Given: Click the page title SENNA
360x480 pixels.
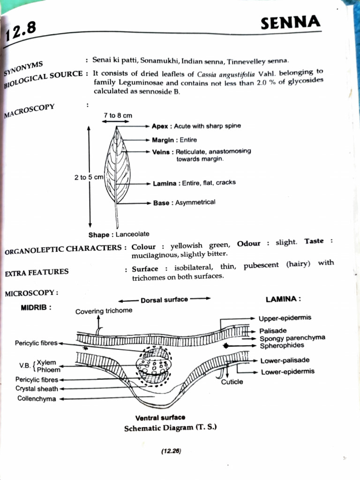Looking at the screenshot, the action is (x=290, y=22).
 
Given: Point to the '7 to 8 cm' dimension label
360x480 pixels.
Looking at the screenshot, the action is (x=118, y=115).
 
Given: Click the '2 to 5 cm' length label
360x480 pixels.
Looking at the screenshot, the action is (x=89, y=178).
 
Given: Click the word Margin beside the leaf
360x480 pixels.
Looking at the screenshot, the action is (x=163, y=140).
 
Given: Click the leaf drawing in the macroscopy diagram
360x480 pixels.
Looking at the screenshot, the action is (x=117, y=169).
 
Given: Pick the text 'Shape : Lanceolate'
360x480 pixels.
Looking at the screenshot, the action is (x=119, y=234).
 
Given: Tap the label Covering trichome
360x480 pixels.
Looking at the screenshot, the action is (x=104, y=310).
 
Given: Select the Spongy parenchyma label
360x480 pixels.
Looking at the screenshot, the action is (x=292, y=338).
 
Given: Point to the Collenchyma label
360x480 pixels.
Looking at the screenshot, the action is (x=37, y=399).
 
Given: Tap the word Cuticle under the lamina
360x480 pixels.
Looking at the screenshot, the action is (x=232, y=382).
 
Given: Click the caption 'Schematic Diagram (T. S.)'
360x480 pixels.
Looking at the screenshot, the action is (x=170, y=428).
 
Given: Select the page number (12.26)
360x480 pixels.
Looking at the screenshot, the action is (x=171, y=451).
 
